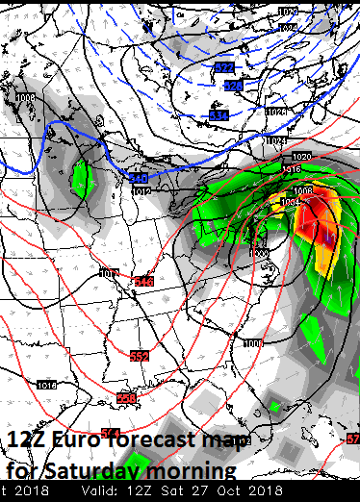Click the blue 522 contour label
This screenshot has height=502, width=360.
(x=223, y=67)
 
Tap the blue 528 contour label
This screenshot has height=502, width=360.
(x=233, y=86)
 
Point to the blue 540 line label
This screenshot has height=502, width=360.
(x=139, y=179)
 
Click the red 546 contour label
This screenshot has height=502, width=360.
(x=144, y=281)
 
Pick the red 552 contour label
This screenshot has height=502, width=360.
(x=140, y=357)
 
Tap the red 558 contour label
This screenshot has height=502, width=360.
(x=126, y=398)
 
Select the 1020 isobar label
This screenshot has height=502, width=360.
(x=302, y=157)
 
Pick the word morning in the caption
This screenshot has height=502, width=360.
(x=193, y=471)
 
